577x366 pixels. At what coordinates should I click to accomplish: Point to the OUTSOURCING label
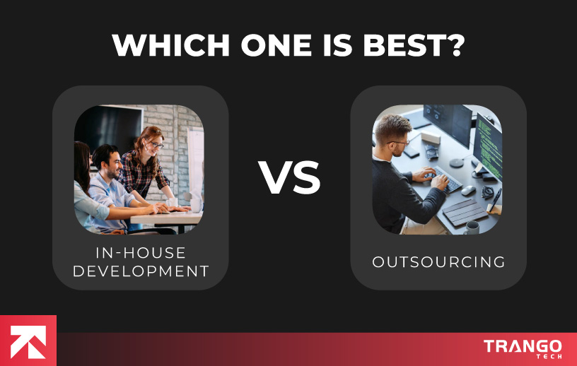click(x=438, y=262)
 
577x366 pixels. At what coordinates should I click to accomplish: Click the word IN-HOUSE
click(x=140, y=253)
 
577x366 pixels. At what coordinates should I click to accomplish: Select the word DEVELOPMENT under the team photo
click(x=140, y=271)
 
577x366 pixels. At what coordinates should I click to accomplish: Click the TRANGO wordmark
click(x=523, y=346)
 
